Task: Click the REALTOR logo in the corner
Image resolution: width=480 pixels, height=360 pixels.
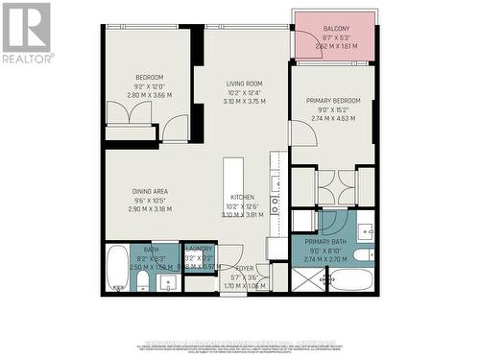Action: (26, 33)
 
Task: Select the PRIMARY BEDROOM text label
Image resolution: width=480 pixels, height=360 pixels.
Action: (332, 101)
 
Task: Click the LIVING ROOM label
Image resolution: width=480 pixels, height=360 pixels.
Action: (243, 84)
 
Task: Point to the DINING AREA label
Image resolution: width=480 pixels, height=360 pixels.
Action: (151, 191)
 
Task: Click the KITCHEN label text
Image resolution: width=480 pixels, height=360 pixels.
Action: (242, 197)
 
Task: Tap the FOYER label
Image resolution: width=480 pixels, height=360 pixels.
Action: (245, 269)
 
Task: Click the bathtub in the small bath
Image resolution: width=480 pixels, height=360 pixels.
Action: (117, 268)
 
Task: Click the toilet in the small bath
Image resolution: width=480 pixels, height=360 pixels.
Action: (142, 279)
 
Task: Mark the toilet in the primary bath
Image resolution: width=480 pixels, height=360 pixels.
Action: (363, 255)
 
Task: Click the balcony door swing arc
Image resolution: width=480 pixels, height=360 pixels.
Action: (301, 134)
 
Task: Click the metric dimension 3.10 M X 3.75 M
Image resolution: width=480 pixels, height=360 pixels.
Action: (243, 99)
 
